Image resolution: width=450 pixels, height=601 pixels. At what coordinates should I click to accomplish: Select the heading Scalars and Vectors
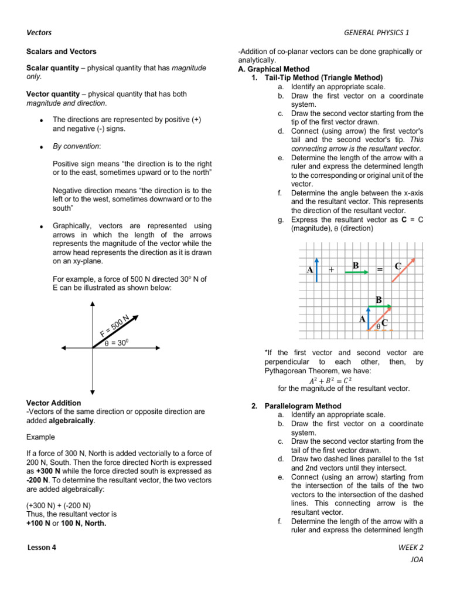(62, 52)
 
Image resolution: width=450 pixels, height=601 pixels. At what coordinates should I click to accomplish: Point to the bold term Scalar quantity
(53, 68)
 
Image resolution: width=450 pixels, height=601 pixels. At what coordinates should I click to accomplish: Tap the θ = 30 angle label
(117, 343)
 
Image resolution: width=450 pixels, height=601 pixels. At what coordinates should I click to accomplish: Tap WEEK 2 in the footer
(410, 547)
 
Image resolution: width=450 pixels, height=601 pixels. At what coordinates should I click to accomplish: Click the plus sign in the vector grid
(332, 269)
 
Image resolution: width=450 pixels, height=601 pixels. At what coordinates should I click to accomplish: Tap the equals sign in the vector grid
(380, 269)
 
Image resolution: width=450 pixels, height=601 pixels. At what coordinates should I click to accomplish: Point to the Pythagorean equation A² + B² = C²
(330, 380)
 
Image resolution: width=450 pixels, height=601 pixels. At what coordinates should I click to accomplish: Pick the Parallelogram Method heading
(302, 406)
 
